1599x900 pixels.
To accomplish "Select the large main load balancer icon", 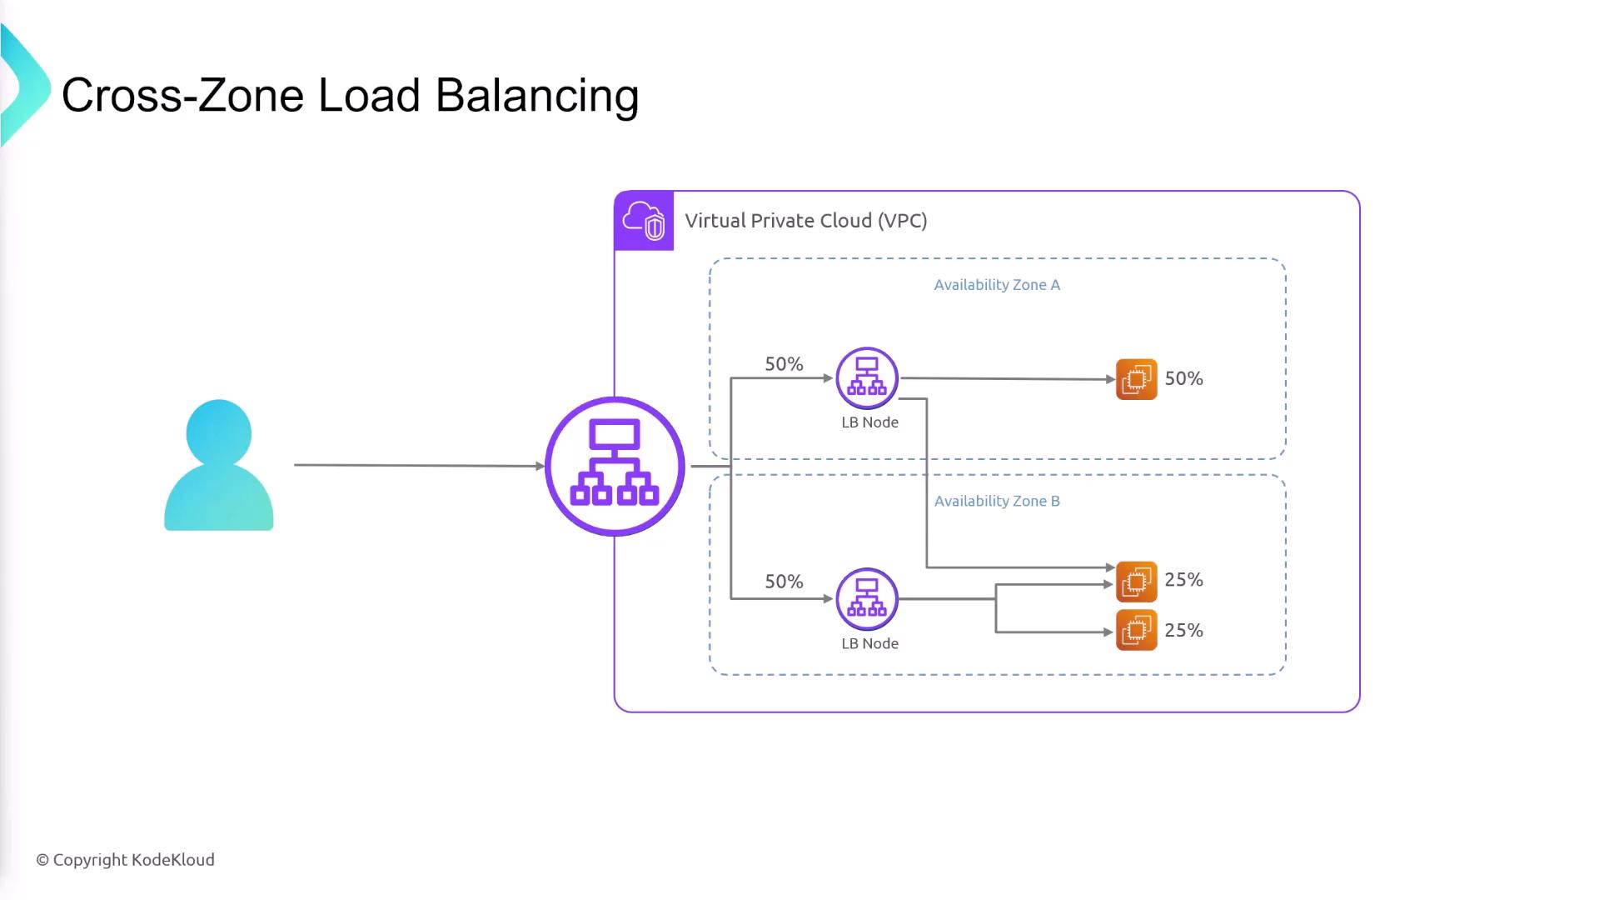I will (615, 466).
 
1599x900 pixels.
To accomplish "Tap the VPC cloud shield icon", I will (644, 221).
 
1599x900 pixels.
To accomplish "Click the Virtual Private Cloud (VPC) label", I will (805, 221).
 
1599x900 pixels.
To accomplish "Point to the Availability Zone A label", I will (997, 285).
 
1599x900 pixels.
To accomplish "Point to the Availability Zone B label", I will (997, 501).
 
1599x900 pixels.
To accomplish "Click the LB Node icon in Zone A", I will (867, 377).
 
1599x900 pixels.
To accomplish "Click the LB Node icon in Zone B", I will (867, 598).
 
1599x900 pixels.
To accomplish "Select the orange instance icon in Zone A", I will (1136, 379).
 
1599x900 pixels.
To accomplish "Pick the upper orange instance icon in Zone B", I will (1136, 581).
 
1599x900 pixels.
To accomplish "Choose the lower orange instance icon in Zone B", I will (1136, 630).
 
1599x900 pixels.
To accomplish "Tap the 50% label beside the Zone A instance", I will (1183, 378).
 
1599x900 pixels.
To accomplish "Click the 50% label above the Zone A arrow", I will (784, 364).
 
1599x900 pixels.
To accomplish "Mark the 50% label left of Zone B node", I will (784, 582).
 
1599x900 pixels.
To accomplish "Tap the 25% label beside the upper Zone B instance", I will (1183, 580).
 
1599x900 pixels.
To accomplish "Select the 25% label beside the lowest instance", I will (1183, 631).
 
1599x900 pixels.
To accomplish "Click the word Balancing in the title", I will (537, 96).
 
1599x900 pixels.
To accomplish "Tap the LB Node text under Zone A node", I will (869, 422).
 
